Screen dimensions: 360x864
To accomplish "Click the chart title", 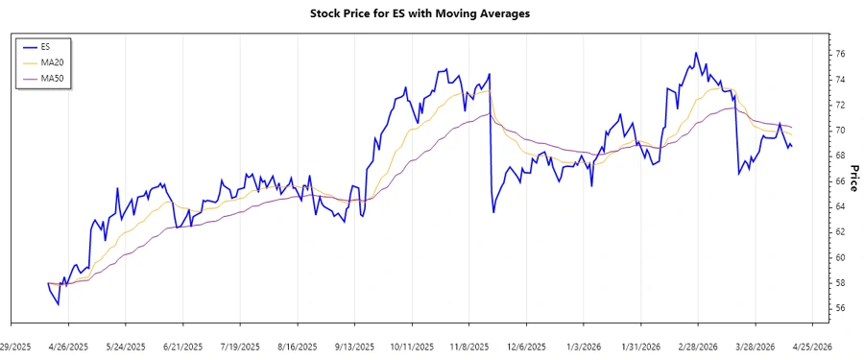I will tap(433, 13).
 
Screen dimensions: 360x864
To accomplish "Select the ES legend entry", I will tap(46, 45).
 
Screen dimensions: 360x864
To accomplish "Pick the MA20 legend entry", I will tap(50, 61).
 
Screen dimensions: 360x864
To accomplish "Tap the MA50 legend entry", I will tap(50, 78).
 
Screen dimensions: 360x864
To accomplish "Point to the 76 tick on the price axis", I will tap(839, 54).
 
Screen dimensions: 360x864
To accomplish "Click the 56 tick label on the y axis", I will tap(839, 308).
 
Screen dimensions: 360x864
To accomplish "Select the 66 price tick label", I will tap(839, 180).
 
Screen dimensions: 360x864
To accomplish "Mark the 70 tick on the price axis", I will tap(839, 130).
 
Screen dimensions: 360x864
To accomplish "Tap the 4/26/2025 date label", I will tap(69, 347).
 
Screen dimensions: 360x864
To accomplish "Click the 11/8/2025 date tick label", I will tap(468, 347).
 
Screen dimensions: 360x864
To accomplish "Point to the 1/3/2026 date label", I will tap(584, 347).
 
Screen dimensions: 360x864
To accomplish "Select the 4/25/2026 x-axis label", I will tap(810, 347).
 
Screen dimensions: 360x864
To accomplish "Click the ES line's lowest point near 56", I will tap(59, 304).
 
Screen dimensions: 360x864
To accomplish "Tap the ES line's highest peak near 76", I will tap(695, 53).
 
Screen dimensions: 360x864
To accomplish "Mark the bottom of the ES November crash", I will tap(493, 212).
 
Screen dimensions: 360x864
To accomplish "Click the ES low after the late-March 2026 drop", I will tap(739, 174).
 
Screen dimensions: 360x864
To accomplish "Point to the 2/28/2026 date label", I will tap(698, 347).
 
